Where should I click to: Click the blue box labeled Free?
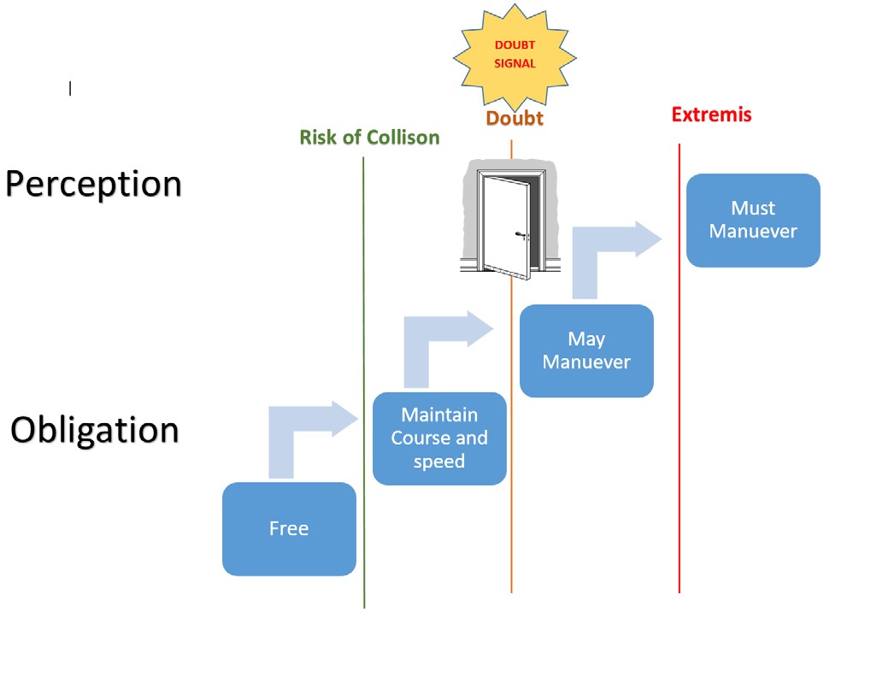click(x=289, y=528)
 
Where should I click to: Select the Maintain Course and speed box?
click(x=439, y=439)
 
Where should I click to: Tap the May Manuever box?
click(x=586, y=350)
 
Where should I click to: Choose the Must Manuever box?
click(x=753, y=221)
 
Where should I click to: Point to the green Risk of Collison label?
click(x=369, y=138)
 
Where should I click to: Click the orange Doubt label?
click(x=515, y=119)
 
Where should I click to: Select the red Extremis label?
click(x=711, y=115)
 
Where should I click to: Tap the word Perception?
click(x=94, y=185)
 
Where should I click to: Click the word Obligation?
click(x=94, y=430)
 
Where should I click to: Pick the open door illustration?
click(x=503, y=221)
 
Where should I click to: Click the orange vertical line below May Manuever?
click(x=511, y=496)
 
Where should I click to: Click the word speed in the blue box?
click(x=439, y=462)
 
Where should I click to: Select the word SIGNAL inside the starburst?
click(x=515, y=63)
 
